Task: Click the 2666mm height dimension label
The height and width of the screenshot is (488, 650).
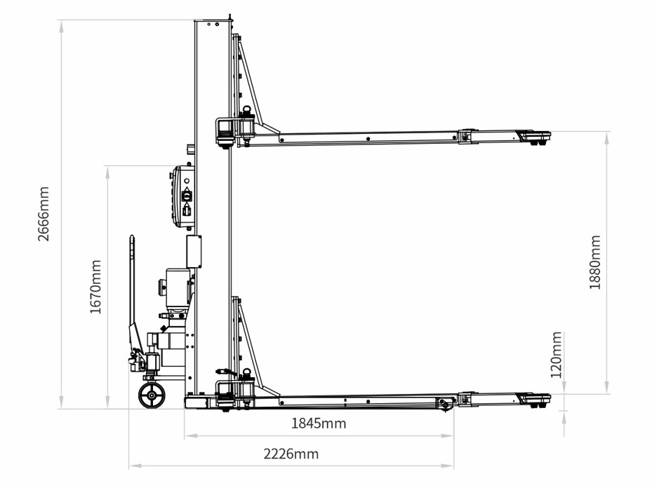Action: [x=44, y=214]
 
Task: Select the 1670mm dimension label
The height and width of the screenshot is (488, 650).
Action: [x=95, y=287]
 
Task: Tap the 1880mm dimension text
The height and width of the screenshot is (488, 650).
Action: [x=595, y=262]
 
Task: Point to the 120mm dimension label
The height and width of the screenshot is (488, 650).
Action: [x=557, y=355]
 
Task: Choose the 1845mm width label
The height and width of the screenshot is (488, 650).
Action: [x=319, y=423]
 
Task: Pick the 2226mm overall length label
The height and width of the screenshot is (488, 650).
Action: [x=291, y=454]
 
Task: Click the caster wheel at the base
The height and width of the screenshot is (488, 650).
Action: [x=152, y=395]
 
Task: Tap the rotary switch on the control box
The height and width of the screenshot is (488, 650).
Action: [x=187, y=194]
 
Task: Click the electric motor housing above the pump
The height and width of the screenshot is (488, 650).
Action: [x=178, y=287]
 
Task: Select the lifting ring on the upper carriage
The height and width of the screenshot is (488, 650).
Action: [x=248, y=109]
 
